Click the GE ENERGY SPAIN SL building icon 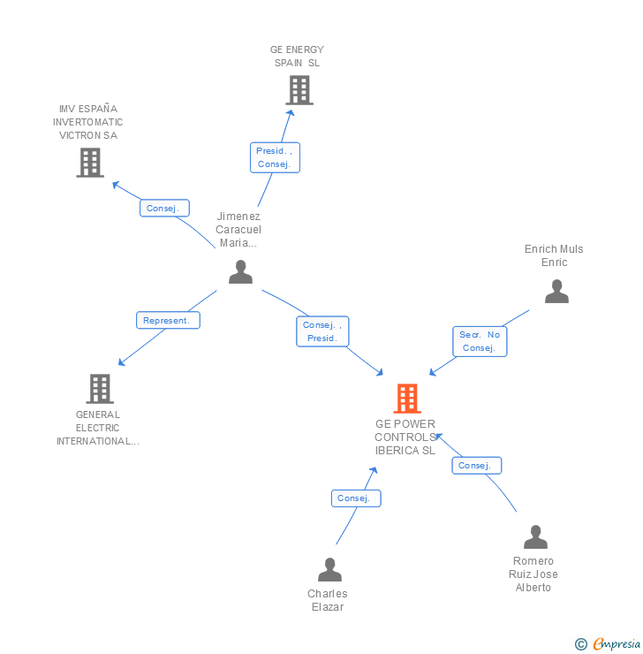tap(299, 90)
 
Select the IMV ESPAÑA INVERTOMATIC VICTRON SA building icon tap(90, 163)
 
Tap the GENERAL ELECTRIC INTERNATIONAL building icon tap(100, 389)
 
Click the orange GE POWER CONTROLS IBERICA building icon tap(406, 399)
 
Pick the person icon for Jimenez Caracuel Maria tap(240, 272)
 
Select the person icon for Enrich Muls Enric tap(556, 292)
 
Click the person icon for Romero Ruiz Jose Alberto tap(535, 537)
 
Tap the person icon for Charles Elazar tap(329, 570)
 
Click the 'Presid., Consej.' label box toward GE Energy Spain tap(275, 157)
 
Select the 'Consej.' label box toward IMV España tap(163, 209)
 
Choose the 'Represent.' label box tap(168, 320)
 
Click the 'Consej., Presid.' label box tap(322, 331)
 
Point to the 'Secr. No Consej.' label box tap(480, 341)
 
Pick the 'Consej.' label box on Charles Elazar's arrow tap(356, 498)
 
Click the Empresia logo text tap(617, 644)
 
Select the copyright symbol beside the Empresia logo tap(581, 644)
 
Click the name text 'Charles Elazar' tap(328, 600)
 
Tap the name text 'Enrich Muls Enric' tap(554, 255)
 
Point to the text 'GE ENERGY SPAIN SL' tap(298, 57)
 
